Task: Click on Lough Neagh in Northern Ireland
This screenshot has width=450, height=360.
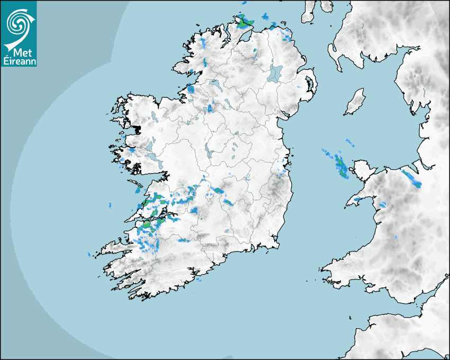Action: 275,73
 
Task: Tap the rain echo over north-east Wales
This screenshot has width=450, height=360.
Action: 412,178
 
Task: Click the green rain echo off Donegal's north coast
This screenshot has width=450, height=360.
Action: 245,22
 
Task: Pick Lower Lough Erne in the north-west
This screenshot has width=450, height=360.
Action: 215,84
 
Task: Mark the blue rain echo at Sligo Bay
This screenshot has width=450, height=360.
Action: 191,89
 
